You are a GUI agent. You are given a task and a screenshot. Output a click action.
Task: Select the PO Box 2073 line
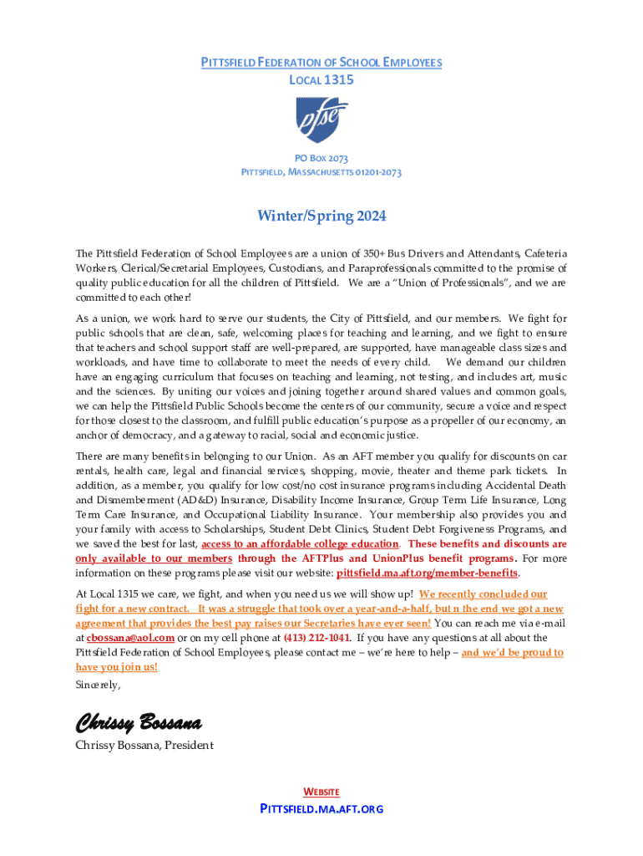click(x=321, y=158)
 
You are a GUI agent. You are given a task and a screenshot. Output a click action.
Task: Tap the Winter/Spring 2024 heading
click(x=321, y=217)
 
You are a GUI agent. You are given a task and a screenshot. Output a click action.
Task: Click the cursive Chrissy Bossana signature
click(x=139, y=721)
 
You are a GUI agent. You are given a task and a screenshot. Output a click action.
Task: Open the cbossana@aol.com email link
click(x=130, y=638)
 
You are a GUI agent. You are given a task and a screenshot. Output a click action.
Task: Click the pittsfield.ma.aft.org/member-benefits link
click(x=427, y=573)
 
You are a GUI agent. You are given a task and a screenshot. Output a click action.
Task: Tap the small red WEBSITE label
click(x=321, y=792)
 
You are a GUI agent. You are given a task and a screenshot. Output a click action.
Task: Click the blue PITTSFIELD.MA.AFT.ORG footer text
click(x=321, y=809)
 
